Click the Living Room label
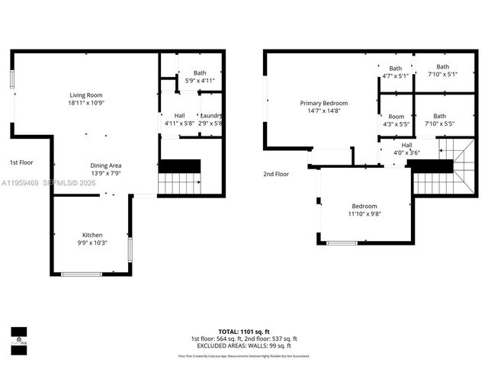coord(85,95)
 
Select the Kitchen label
coord(92,235)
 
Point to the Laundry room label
coord(211,115)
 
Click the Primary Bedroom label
coord(323,103)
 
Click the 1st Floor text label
coord(21,162)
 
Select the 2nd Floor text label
coord(277,174)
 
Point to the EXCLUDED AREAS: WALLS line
coord(243,345)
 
